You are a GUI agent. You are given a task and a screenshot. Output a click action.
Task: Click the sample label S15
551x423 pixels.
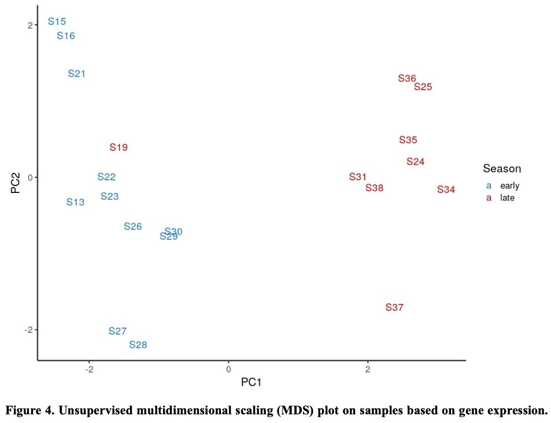[57, 22]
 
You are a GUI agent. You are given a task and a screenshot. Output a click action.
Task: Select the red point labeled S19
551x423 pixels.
[119, 147]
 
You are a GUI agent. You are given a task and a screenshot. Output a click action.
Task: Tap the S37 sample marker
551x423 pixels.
[394, 307]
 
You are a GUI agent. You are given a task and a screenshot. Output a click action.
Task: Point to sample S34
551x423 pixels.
[446, 190]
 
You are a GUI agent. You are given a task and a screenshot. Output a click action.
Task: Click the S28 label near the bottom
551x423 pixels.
[138, 345]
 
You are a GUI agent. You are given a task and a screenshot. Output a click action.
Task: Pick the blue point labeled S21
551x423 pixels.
[76, 73]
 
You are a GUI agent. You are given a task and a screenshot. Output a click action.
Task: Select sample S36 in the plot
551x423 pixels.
[407, 79]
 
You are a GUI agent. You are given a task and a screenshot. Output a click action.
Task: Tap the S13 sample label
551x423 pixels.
[75, 202]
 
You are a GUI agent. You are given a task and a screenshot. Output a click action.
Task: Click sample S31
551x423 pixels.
[358, 177]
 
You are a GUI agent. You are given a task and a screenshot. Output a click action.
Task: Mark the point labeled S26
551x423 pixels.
[132, 227]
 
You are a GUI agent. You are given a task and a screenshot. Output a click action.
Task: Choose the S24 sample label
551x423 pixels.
[415, 162]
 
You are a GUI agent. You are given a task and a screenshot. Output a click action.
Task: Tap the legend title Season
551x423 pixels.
[502, 169]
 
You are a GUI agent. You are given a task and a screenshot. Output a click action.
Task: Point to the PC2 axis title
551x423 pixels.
[16, 177]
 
